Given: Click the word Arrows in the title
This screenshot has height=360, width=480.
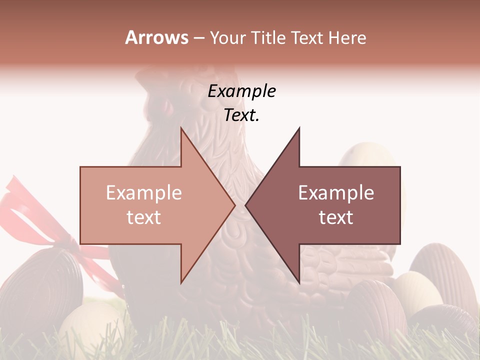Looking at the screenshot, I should click(x=157, y=37).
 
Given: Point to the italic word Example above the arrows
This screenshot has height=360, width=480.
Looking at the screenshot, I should click(x=241, y=91).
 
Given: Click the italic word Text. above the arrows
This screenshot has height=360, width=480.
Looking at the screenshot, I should click(x=241, y=115).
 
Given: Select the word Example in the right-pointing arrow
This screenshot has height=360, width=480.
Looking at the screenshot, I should click(x=144, y=193).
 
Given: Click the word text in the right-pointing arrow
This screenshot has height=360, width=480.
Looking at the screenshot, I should click(x=144, y=217).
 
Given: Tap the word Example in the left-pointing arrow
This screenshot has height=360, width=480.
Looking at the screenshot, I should click(x=336, y=193).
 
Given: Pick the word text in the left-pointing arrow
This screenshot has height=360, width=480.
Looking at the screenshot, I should click(x=336, y=217).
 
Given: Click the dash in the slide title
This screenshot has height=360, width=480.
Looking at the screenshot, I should click(x=198, y=38).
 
